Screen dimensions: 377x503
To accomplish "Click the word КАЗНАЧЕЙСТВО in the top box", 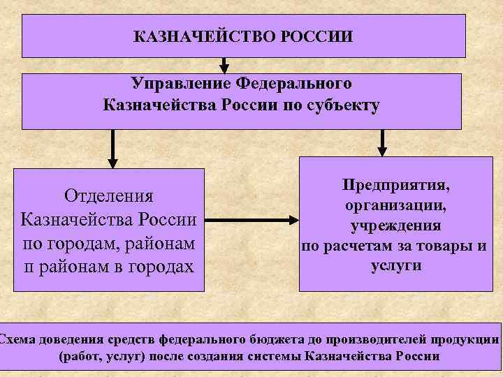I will [206, 35].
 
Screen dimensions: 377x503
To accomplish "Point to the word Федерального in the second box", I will [294, 84].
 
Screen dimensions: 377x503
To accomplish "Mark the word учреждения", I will [396, 226].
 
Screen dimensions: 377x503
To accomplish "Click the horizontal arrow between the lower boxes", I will [251, 221].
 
